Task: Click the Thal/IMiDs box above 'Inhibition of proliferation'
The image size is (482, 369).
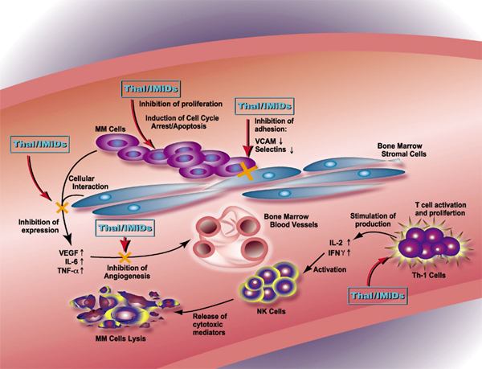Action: click(150, 88)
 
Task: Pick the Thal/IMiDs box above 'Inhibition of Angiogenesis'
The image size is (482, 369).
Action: click(123, 228)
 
